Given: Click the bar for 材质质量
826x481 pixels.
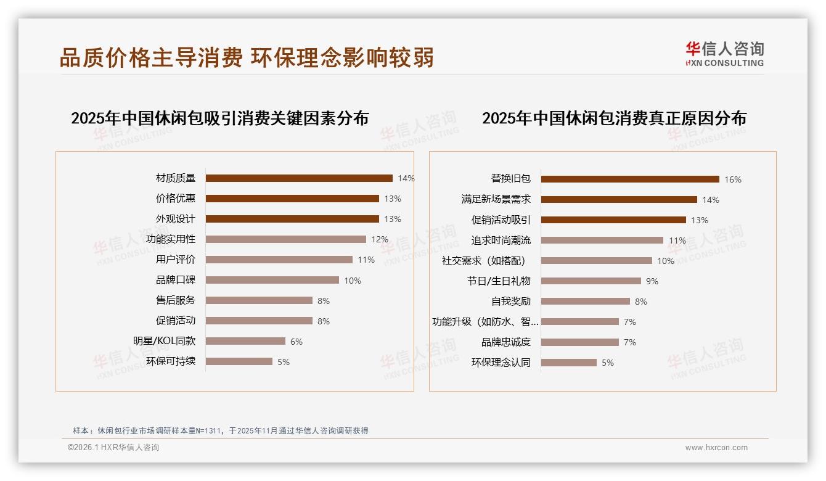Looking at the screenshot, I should [x=299, y=178].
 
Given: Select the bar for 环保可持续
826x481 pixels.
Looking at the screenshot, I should [x=239, y=361].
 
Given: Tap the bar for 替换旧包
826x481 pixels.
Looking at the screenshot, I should [x=630, y=179].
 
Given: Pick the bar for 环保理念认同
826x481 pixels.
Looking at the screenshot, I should [x=569, y=363].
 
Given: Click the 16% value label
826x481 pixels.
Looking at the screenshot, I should [x=733, y=179].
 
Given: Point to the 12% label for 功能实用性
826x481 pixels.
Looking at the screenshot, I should [x=380, y=239].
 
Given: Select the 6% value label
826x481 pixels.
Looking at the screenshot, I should [x=296, y=342].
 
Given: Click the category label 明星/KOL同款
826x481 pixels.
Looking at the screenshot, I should [x=165, y=341].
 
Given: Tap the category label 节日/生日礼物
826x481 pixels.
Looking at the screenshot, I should [x=499, y=281].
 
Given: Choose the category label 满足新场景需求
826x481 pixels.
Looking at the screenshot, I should [x=496, y=200].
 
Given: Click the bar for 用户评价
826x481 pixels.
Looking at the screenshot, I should [x=279, y=260].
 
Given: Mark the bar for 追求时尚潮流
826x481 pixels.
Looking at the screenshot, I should [x=602, y=240].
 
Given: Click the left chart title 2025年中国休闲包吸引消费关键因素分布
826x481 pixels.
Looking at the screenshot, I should [x=219, y=118].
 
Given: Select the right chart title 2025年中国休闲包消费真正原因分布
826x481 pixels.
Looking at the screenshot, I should [x=614, y=118].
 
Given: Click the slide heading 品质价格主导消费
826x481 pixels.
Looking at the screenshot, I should [x=151, y=57].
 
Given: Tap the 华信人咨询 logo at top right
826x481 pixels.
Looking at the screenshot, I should [x=724, y=54].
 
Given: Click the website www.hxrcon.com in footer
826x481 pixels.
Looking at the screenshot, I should [x=716, y=448].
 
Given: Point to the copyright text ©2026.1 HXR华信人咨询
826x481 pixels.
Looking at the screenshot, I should [x=113, y=448].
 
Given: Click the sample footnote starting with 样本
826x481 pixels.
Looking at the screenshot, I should [x=220, y=430].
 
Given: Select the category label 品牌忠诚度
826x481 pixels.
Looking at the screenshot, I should [x=505, y=342].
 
